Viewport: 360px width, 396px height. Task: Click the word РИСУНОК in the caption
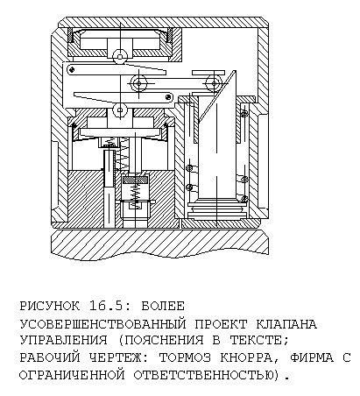coord(49,306)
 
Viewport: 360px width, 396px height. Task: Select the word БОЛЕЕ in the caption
coord(163,306)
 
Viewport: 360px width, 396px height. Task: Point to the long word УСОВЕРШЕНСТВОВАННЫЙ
coord(102,324)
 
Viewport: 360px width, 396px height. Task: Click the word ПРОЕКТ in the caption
coord(221,324)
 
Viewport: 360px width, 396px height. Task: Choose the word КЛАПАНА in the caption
coord(286,324)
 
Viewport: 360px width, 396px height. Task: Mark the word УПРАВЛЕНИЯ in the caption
coord(64,340)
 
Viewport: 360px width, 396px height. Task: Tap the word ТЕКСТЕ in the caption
coord(256,340)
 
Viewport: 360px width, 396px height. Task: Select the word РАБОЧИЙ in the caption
coord(49,357)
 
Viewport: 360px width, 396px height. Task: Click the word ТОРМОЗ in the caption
coord(185,357)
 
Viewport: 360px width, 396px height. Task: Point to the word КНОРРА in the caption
coord(245,357)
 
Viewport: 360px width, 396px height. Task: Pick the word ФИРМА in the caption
coord(312,357)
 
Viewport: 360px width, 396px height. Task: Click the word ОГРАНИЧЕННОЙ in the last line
coord(72,375)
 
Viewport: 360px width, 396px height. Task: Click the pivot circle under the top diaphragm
coord(120,56)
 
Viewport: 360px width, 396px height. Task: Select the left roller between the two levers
coord(138,83)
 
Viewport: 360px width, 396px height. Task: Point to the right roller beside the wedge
coord(214,84)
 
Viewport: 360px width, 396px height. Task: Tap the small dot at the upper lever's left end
coord(72,69)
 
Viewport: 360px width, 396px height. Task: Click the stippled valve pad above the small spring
coord(136,180)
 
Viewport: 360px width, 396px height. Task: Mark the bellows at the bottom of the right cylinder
coord(216,209)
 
